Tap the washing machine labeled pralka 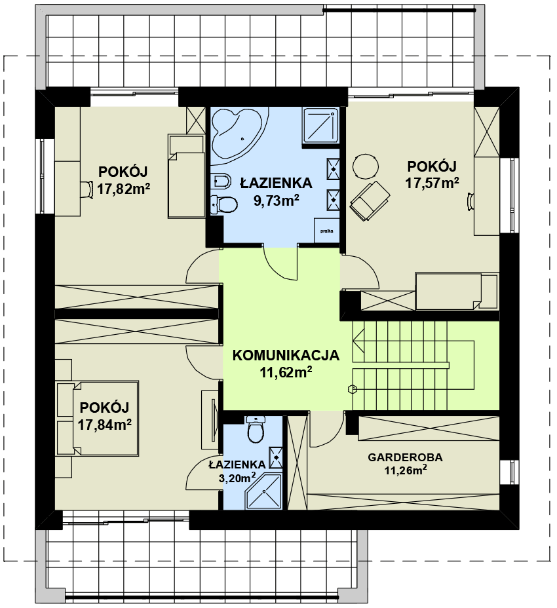(x=326, y=231)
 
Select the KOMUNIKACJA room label (x=286, y=356)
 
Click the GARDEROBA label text (x=405, y=457)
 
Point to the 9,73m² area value (x=276, y=200)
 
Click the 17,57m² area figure (x=432, y=182)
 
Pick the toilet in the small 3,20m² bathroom (x=256, y=430)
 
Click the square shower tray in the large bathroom (x=322, y=126)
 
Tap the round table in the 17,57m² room (x=365, y=166)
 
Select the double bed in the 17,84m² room (x=98, y=418)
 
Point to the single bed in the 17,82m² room (x=186, y=176)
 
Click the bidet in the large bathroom (x=222, y=180)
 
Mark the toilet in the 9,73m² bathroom (x=224, y=204)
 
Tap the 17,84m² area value (x=105, y=425)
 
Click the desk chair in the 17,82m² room (x=87, y=189)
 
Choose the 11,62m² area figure (x=286, y=373)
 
